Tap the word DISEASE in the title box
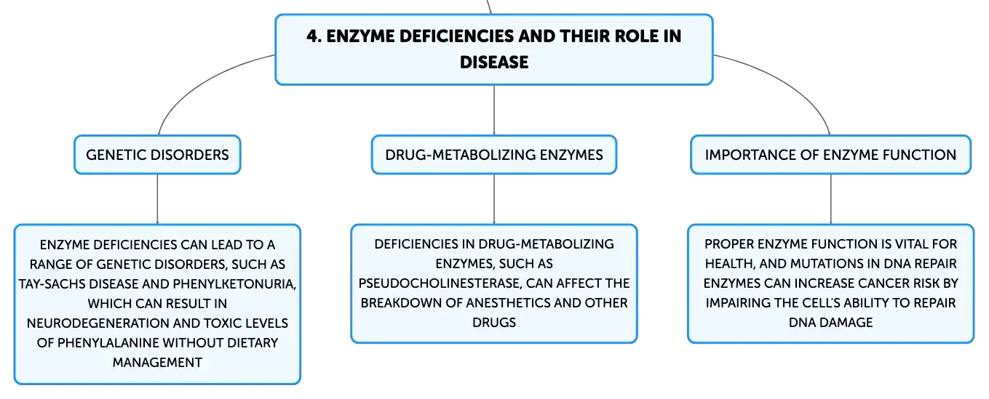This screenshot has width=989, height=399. (494, 63)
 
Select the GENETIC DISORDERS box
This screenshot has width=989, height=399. (157, 155)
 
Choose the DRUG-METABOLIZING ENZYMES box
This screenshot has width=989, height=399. (494, 155)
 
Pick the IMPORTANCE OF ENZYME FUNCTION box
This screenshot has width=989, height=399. (830, 155)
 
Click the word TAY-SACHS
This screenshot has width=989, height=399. (52, 284)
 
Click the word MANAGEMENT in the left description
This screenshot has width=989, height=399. (157, 363)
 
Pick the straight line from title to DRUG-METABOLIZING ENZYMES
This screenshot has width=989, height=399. (494, 110)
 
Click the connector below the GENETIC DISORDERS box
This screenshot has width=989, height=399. (157, 199)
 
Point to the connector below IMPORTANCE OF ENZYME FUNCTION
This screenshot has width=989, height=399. (830, 199)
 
